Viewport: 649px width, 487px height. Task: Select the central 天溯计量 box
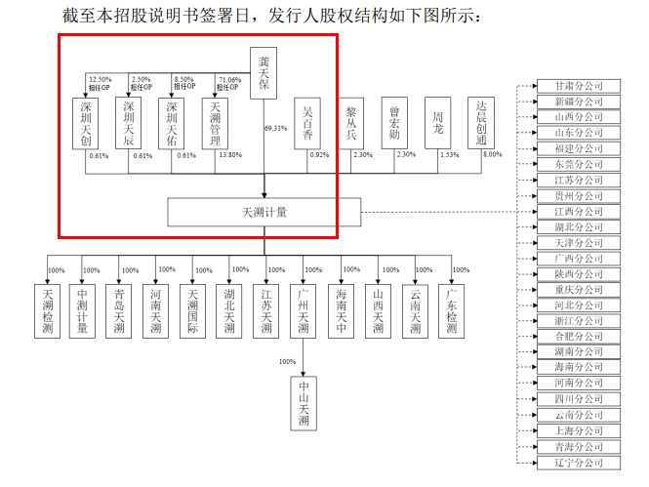(264, 211)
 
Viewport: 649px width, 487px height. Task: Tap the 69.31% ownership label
(276, 128)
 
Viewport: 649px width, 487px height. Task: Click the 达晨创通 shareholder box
(480, 124)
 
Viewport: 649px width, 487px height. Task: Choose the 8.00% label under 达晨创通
(493, 154)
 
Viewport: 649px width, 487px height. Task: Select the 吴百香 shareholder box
(307, 124)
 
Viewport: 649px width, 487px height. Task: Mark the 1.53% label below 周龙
(449, 154)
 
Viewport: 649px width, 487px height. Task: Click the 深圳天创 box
(86, 124)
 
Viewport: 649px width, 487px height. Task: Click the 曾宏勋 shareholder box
(394, 124)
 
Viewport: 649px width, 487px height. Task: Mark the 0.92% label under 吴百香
(319, 154)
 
